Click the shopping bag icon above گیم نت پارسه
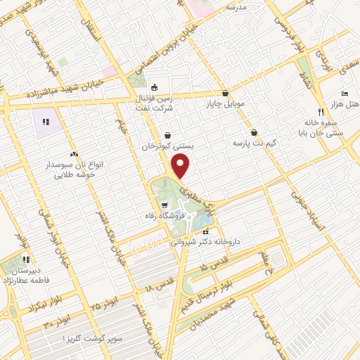[253, 132]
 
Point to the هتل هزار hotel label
[347, 104]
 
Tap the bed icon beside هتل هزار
[344, 94]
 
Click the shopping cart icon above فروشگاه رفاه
[164, 205]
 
